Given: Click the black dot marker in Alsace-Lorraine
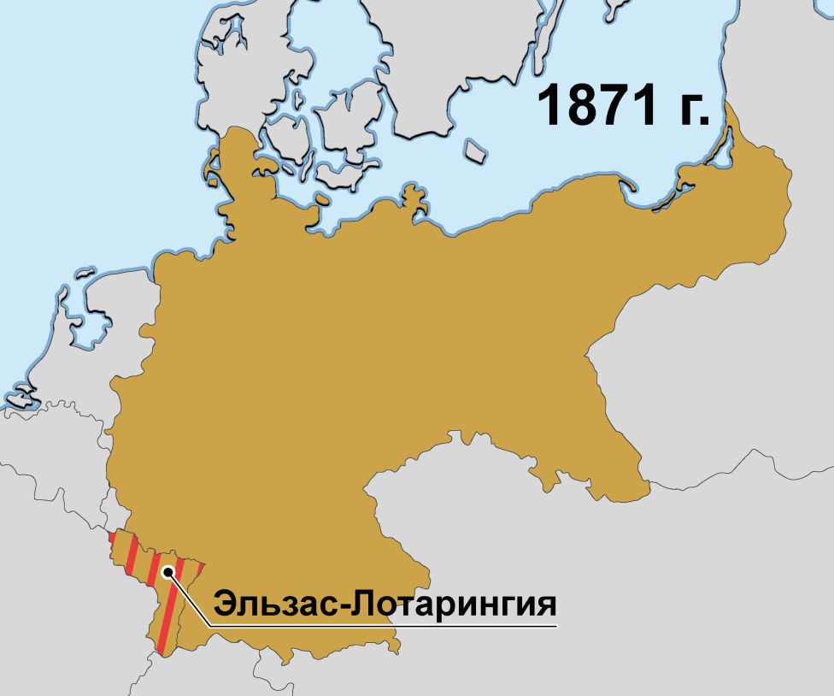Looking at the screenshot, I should (168, 572).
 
